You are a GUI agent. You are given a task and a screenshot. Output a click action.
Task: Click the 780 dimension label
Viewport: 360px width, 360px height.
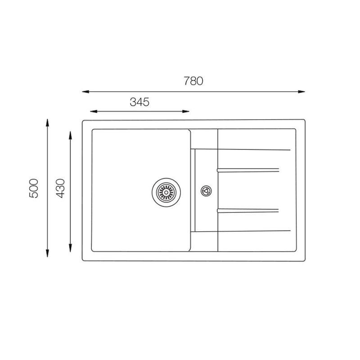pyautogui.click(x=193, y=81)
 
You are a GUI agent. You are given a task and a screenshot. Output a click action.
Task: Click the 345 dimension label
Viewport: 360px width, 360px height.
pyautogui.click(x=139, y=102)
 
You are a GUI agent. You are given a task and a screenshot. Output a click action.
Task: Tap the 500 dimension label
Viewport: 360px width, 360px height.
pyautogui.click(x=34, y=188)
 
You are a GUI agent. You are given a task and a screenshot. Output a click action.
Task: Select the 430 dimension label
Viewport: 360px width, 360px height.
pyautogui.click(x=61, y=188)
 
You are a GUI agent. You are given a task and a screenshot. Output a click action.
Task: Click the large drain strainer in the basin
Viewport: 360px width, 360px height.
pyautogui.click(x=166, y=193)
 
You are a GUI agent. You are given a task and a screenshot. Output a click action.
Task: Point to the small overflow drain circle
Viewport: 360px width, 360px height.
pyautogui.click(x=206, y=191)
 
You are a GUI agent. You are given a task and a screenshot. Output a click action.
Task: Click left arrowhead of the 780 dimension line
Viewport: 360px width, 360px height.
pyautogui.click(x=85, y=92)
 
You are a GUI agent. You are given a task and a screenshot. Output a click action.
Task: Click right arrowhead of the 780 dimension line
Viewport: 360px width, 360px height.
pyautogui.click(x=301, y=92)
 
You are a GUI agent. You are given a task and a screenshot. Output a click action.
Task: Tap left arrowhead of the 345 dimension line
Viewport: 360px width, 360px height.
pyautogui.click(x=94, y=111)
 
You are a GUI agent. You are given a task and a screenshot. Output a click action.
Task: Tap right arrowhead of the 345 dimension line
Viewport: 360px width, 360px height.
pyautogui.click(x=186, y=111)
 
